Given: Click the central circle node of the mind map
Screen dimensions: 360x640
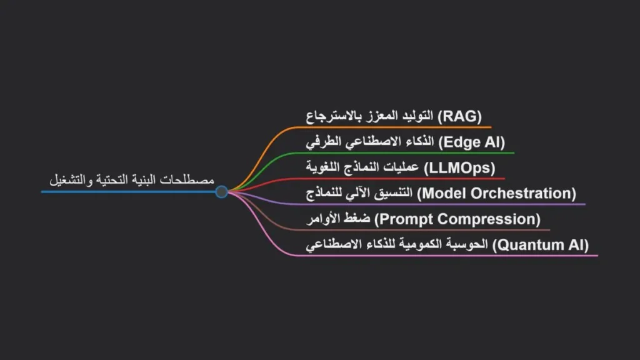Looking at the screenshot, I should coord(221,191).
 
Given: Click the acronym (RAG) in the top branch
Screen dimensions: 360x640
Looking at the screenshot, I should coord(460,116).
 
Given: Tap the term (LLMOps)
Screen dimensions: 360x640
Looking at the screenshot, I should coord(459,167).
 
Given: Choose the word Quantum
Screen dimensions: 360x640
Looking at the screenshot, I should coord(526,244).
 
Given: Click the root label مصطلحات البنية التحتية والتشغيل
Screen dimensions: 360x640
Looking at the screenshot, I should coord(132,180).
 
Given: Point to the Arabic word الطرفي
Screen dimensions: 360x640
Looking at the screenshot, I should coord(321,142).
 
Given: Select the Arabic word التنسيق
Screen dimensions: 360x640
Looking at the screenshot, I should coord(393,193).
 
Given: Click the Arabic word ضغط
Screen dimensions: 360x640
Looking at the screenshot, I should coord(361,219).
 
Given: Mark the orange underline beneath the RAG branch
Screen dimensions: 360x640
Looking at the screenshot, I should coord(400,127).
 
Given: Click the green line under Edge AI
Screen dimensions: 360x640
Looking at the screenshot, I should coord(412,152).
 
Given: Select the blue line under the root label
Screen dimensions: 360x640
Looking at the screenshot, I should coord(125,191).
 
